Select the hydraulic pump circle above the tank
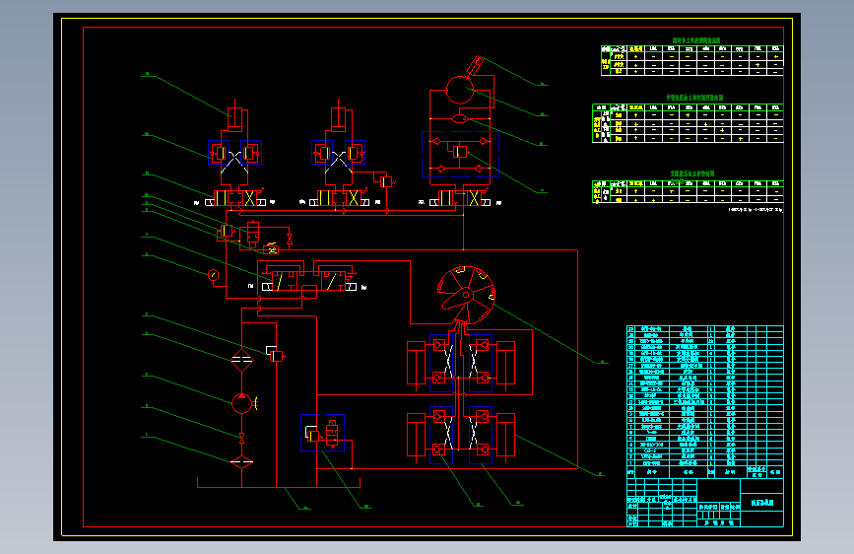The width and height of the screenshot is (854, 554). [x=241, y=402]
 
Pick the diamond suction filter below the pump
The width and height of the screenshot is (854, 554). [x=241, y=461]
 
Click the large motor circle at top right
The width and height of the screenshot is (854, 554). [x=460, y=88]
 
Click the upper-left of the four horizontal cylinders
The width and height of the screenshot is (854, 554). [x=416, y=363]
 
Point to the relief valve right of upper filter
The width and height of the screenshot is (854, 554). [x=276, y=352]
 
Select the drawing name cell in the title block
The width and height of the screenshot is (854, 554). [x=762, y=502]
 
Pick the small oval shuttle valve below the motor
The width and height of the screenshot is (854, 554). [x=460, y=119]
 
